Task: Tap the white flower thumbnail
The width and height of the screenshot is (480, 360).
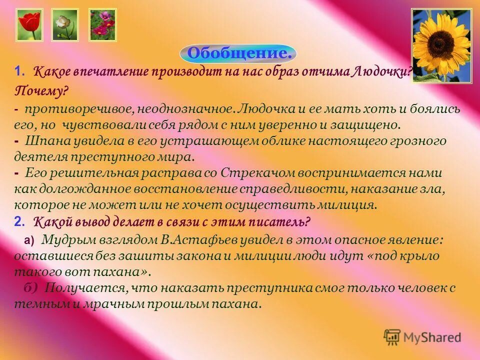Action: coord(65,24)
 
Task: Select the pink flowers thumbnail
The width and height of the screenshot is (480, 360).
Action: coord(102,24)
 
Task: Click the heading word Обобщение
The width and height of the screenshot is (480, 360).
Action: coord(238,53)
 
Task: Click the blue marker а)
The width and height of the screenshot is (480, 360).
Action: coord(29,240)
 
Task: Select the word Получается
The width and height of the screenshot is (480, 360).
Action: coord(85,288)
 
